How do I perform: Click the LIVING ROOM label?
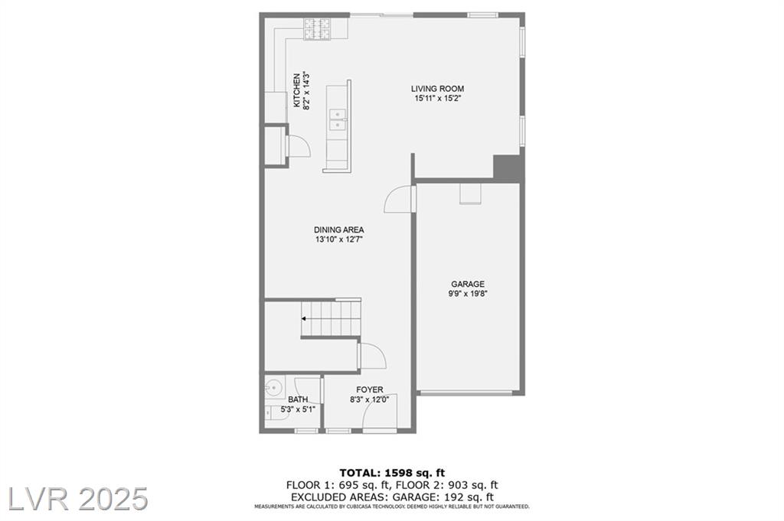pyautogui.click(x=437, y=89)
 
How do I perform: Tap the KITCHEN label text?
pyautogui.click(x=297, y=90)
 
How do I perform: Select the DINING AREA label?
pyautogui.click(x=339, y=230)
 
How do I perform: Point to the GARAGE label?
pyautogui.click(x=468, y=285)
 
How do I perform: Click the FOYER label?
pyautogui.click(x=370, y=389)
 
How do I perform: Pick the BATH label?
pyautogui.click(x=298, y=399)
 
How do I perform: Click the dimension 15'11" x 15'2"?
pyautogui.click(x=437, y=99)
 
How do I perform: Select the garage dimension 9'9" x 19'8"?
pyautogui.click(x=468, y=294)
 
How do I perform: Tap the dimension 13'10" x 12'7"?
pyautogui.click(x=339, y=239)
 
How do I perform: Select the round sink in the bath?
pyautogui.click(x=273, y=387)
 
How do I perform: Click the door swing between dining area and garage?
pyautogui.click(x=398, y=200)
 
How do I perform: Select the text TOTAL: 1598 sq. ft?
pyautogui.click(x=392, y=473)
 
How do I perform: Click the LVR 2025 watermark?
pyautogui.click(x=78, y=499)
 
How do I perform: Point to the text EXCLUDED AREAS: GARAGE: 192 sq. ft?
pyautogui.click(x=392, y=497)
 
